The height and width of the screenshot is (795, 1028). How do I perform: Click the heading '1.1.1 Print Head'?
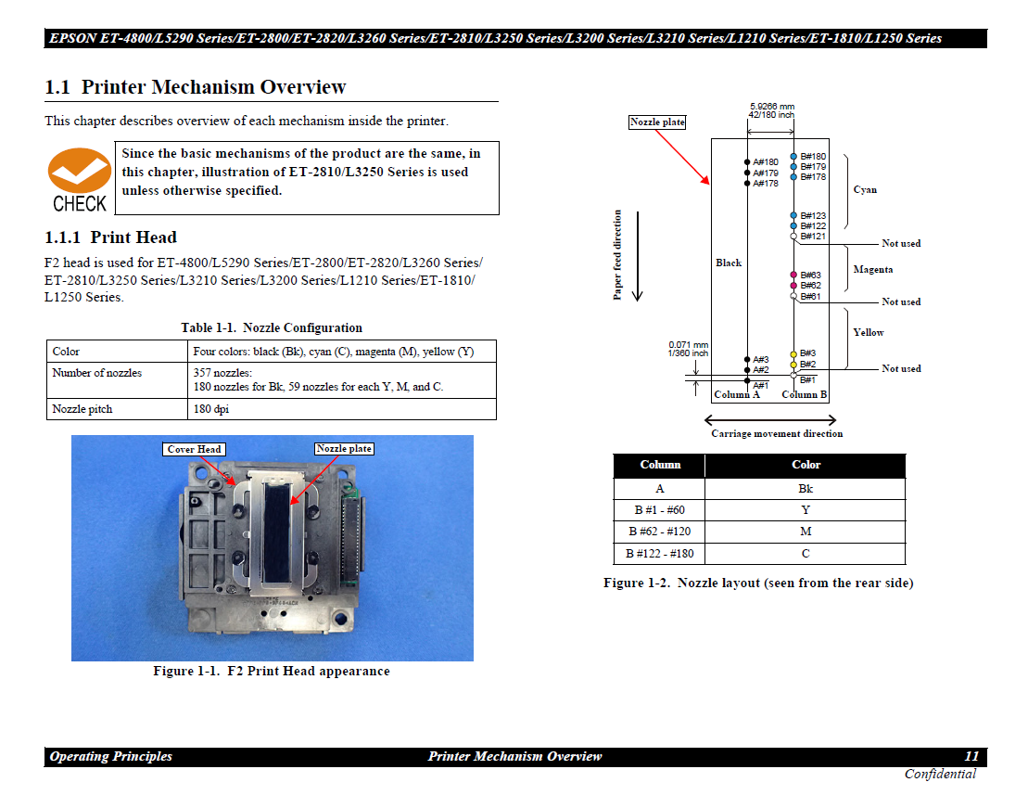[x=111, y=237]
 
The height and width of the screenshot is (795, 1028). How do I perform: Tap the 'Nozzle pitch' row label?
[x=82, y=409]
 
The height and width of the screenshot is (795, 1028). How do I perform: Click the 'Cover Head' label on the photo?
[x=194, y=450]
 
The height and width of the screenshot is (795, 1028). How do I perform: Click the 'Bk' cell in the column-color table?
[x=805, y=488]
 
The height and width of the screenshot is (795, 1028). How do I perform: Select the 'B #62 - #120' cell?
[x=659, y=532]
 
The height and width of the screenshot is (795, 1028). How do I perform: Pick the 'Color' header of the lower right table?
[x=805, y=465]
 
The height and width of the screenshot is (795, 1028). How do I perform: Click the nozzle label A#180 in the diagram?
[x=766, y=162]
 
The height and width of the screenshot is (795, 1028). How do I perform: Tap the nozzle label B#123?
[x=813, y=216]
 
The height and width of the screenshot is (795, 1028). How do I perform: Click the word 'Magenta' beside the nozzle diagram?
[x=872, y=270]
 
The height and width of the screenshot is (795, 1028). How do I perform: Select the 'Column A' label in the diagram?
[x=736, y=394]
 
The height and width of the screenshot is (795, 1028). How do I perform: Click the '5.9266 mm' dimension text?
[x=771, y=107]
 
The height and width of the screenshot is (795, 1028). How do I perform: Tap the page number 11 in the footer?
[x=971, y=757]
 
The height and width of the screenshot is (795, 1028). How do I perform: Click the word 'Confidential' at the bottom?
[x=940, y=775]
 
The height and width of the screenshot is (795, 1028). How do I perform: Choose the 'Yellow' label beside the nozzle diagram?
[x=868, y=332]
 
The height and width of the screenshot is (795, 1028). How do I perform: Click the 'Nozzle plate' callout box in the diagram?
[x=657, y=122]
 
